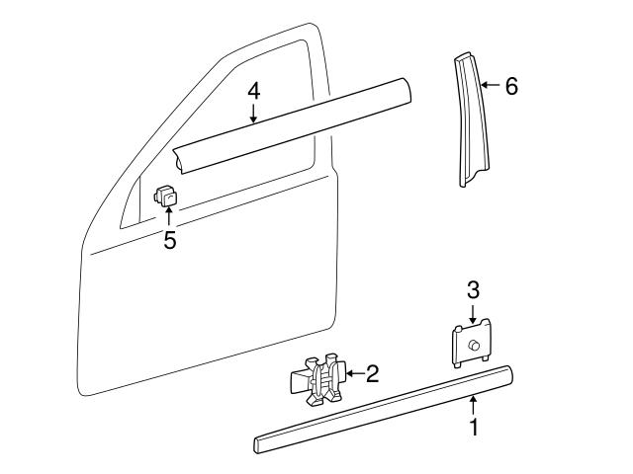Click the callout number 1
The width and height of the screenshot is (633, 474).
[x=474, y=429]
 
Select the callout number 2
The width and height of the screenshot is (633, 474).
[x=372, y=373]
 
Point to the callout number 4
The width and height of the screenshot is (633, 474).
[x=254, y=91]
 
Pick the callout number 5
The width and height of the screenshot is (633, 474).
[x=170, y=240]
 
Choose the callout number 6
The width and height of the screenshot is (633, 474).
[x=510, y=86]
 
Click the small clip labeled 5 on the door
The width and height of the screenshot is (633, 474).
[x=168, y=198]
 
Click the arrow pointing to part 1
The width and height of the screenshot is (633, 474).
[x=474, y=404]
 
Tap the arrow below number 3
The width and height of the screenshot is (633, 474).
[x=473, y=314]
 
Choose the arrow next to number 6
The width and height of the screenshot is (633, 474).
[x=491, y=86]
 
